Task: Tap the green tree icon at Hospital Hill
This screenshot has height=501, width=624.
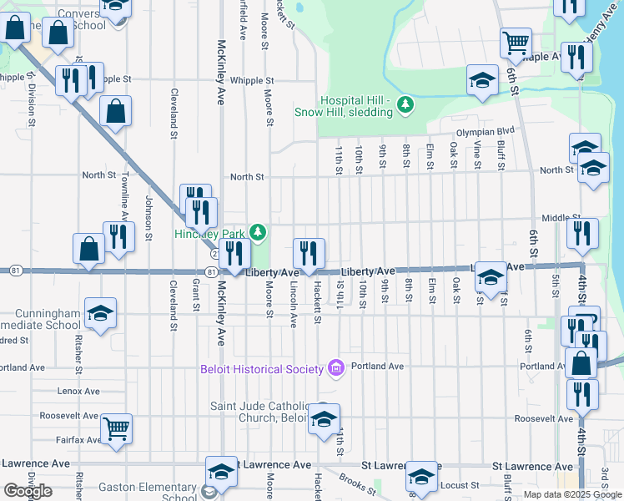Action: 405,104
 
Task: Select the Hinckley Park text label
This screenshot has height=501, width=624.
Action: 212,234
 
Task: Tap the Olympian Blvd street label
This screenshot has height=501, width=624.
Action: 485,132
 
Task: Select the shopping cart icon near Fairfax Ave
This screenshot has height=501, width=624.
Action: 117,428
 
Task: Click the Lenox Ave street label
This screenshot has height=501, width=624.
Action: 78,391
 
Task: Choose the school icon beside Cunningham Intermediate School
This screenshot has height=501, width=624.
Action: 100,313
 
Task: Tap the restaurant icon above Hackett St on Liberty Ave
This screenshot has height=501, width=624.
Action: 309,253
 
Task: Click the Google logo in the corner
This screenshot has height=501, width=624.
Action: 28,491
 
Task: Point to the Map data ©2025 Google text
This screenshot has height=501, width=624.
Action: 571,494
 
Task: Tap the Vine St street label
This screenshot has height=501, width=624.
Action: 478,154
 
